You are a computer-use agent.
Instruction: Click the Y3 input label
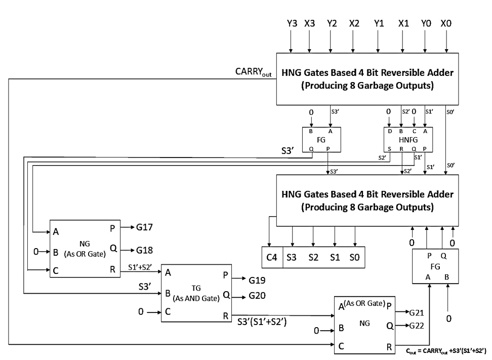point(292,23)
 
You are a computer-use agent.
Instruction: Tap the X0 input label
point(446,23)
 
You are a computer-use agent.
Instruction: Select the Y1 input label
point(379,23)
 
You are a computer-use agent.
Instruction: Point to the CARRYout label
point(253,72)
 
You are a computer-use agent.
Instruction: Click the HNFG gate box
point(408,140)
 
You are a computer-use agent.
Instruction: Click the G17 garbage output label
point(144,227)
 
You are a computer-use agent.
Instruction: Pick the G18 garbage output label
point(144,250)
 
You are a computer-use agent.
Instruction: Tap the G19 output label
point(257,281)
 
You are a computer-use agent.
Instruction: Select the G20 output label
point(257,296)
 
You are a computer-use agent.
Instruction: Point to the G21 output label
point(417,312)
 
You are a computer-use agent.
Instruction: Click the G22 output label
point(417,326)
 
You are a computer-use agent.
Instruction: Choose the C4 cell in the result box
point(272,257)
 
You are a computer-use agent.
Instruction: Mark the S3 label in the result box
point(292,258)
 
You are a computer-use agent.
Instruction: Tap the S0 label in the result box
point(354,258)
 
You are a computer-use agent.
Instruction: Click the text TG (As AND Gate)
point(196,293)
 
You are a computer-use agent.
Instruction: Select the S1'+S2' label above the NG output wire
point(140,267)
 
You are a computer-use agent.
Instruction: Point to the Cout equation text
point(446,351)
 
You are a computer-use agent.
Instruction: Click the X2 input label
point(354,23)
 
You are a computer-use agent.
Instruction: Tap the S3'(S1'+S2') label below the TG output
point(262,322)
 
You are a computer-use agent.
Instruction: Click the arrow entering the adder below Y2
point(331,41)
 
